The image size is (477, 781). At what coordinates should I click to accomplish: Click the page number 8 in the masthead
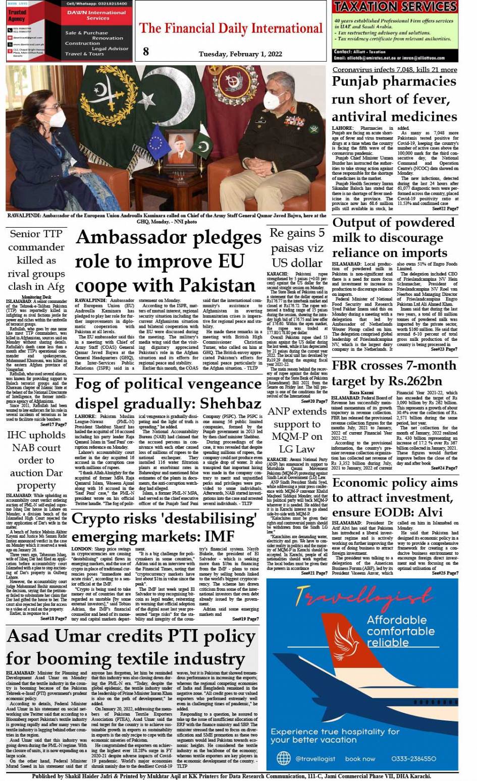click(146, 51)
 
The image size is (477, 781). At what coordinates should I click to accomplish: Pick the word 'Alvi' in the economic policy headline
click(428, 512)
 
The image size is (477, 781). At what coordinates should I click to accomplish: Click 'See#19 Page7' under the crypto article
click(244, 619)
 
